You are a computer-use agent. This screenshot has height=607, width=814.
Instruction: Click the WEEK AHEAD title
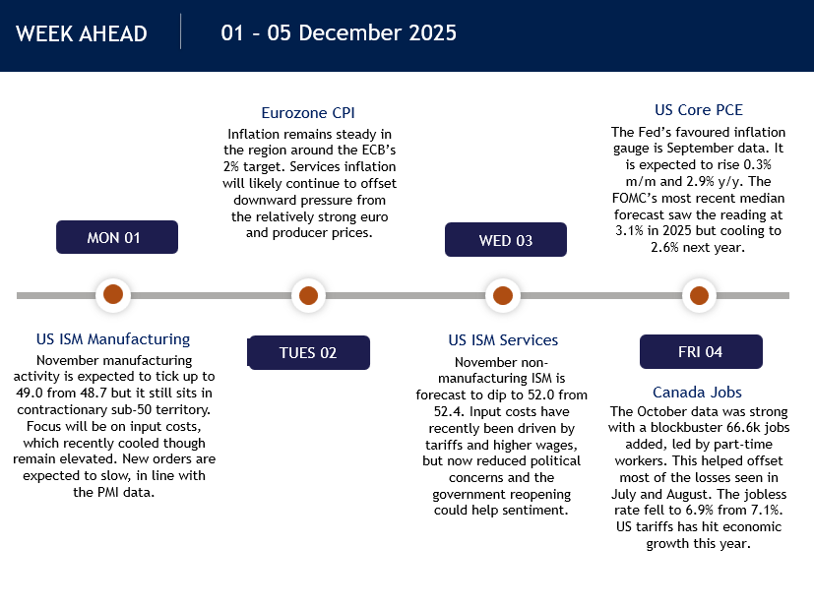tap(82, 33)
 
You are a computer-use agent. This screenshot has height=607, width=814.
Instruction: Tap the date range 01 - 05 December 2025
tap(339, 32)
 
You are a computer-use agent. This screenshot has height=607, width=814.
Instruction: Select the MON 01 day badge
tap(117, 237)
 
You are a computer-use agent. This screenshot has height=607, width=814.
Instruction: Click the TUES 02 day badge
tap(308, 353)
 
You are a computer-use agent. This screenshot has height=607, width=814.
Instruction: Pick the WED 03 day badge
tap(506, 240)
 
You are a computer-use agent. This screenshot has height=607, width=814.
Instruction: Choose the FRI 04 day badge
tap(701, 352)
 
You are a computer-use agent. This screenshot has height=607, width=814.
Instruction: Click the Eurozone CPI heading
tap(308, 112)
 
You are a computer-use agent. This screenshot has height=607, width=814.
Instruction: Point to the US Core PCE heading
tap(699, 110)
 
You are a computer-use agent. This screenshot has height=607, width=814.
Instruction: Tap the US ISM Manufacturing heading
tap(113, 339)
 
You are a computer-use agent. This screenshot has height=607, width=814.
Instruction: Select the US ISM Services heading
tap(503, 340)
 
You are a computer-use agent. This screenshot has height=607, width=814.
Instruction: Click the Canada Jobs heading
tap(697, 393)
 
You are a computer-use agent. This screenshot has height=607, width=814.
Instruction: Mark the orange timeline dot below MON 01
tap(113, 294)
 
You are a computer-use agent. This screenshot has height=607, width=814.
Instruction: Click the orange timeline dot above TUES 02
tap(308, 296)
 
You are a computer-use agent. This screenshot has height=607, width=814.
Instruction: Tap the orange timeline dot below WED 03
tap(503, 296)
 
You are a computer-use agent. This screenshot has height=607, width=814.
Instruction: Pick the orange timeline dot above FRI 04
tap(699, 296)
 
